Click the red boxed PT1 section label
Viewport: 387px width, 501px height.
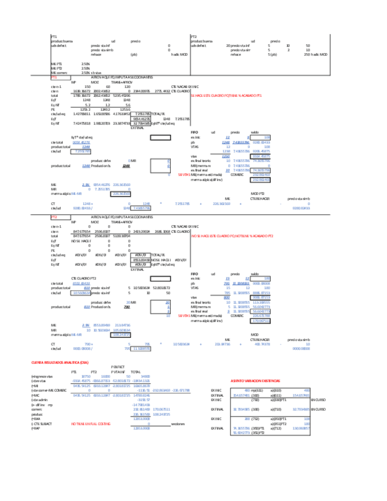[54, 77]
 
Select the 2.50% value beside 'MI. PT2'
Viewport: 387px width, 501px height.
[85, 68]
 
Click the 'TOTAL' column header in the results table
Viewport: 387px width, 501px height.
[135, 372]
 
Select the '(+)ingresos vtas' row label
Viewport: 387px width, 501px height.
[61, 376]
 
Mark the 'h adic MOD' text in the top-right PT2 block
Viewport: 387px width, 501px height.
[320, 54]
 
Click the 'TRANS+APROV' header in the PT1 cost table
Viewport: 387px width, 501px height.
[122, 82]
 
